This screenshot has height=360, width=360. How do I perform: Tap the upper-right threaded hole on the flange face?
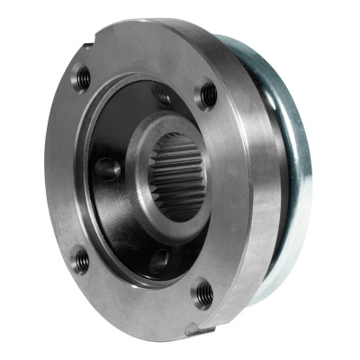[x=207, y=92]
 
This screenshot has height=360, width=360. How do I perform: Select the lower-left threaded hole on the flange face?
[x=82, y=261]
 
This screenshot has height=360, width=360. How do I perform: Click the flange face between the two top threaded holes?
[x=144, y=63]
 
